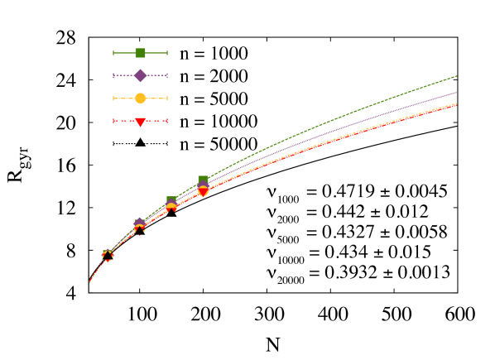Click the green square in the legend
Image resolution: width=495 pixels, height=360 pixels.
(140, 53)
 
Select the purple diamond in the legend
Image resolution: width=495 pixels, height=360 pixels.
(140, 75)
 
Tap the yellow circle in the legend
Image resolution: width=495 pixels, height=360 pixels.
(140, 98)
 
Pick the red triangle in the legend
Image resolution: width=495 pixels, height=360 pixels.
(140, 122)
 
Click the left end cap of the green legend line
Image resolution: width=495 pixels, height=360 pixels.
(113, 53)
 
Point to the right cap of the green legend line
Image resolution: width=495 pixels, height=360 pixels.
(167, 53)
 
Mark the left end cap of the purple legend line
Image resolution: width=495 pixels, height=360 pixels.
(113, 75)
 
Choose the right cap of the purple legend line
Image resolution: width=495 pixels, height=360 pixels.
(167, 75)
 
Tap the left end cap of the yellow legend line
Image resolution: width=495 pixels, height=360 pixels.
(113, 98)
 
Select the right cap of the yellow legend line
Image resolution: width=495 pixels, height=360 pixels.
(167, 98)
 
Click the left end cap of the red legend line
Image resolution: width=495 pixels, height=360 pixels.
(113, 121)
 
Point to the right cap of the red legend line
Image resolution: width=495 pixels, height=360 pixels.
(167, 121)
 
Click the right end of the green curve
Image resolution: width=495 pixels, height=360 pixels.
(457, 76)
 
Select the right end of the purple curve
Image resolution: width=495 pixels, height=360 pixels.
(457, 93)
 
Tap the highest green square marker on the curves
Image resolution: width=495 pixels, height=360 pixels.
(203, 180)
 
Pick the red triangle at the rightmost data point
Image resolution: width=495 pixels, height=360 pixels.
(203, 193)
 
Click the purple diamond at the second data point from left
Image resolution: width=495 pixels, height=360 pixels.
(139, 223)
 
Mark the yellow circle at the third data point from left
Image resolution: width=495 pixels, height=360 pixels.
(171, 206)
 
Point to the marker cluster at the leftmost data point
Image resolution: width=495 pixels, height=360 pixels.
(108, 255)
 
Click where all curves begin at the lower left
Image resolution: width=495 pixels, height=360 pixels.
(89, 282)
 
